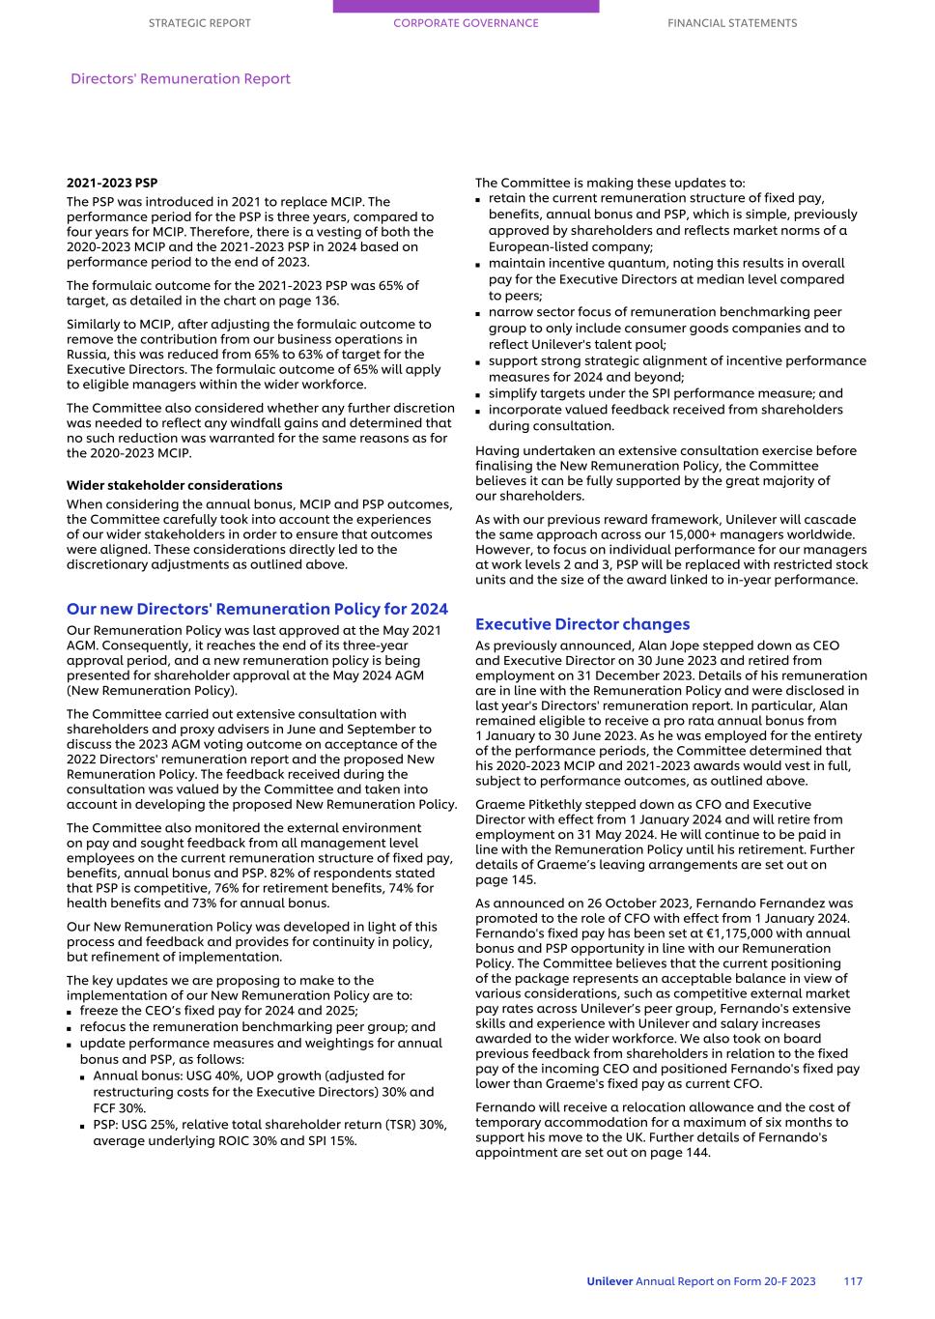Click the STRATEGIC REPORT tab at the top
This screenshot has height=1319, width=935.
tap(199, 23)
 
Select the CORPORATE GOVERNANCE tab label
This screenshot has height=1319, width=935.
tap(466, 23)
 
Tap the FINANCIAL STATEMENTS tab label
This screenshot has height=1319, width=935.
tap(732, 23)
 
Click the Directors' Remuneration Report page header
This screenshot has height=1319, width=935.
tap(180, 79)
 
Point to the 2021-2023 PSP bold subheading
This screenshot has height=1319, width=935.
tap(111, 183)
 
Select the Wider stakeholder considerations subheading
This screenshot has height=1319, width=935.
tap(174, 485)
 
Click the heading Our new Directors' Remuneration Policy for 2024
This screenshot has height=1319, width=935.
tap(257, 609)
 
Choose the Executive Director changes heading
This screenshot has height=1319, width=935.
tap(581, 624)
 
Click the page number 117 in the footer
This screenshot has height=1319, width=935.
tap(852, 1281)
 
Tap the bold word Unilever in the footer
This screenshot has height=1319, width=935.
tap(609, 1281)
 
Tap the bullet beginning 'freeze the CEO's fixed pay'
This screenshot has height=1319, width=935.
tap(218, 1011)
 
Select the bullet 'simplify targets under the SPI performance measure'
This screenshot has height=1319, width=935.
tap(665, 393)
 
